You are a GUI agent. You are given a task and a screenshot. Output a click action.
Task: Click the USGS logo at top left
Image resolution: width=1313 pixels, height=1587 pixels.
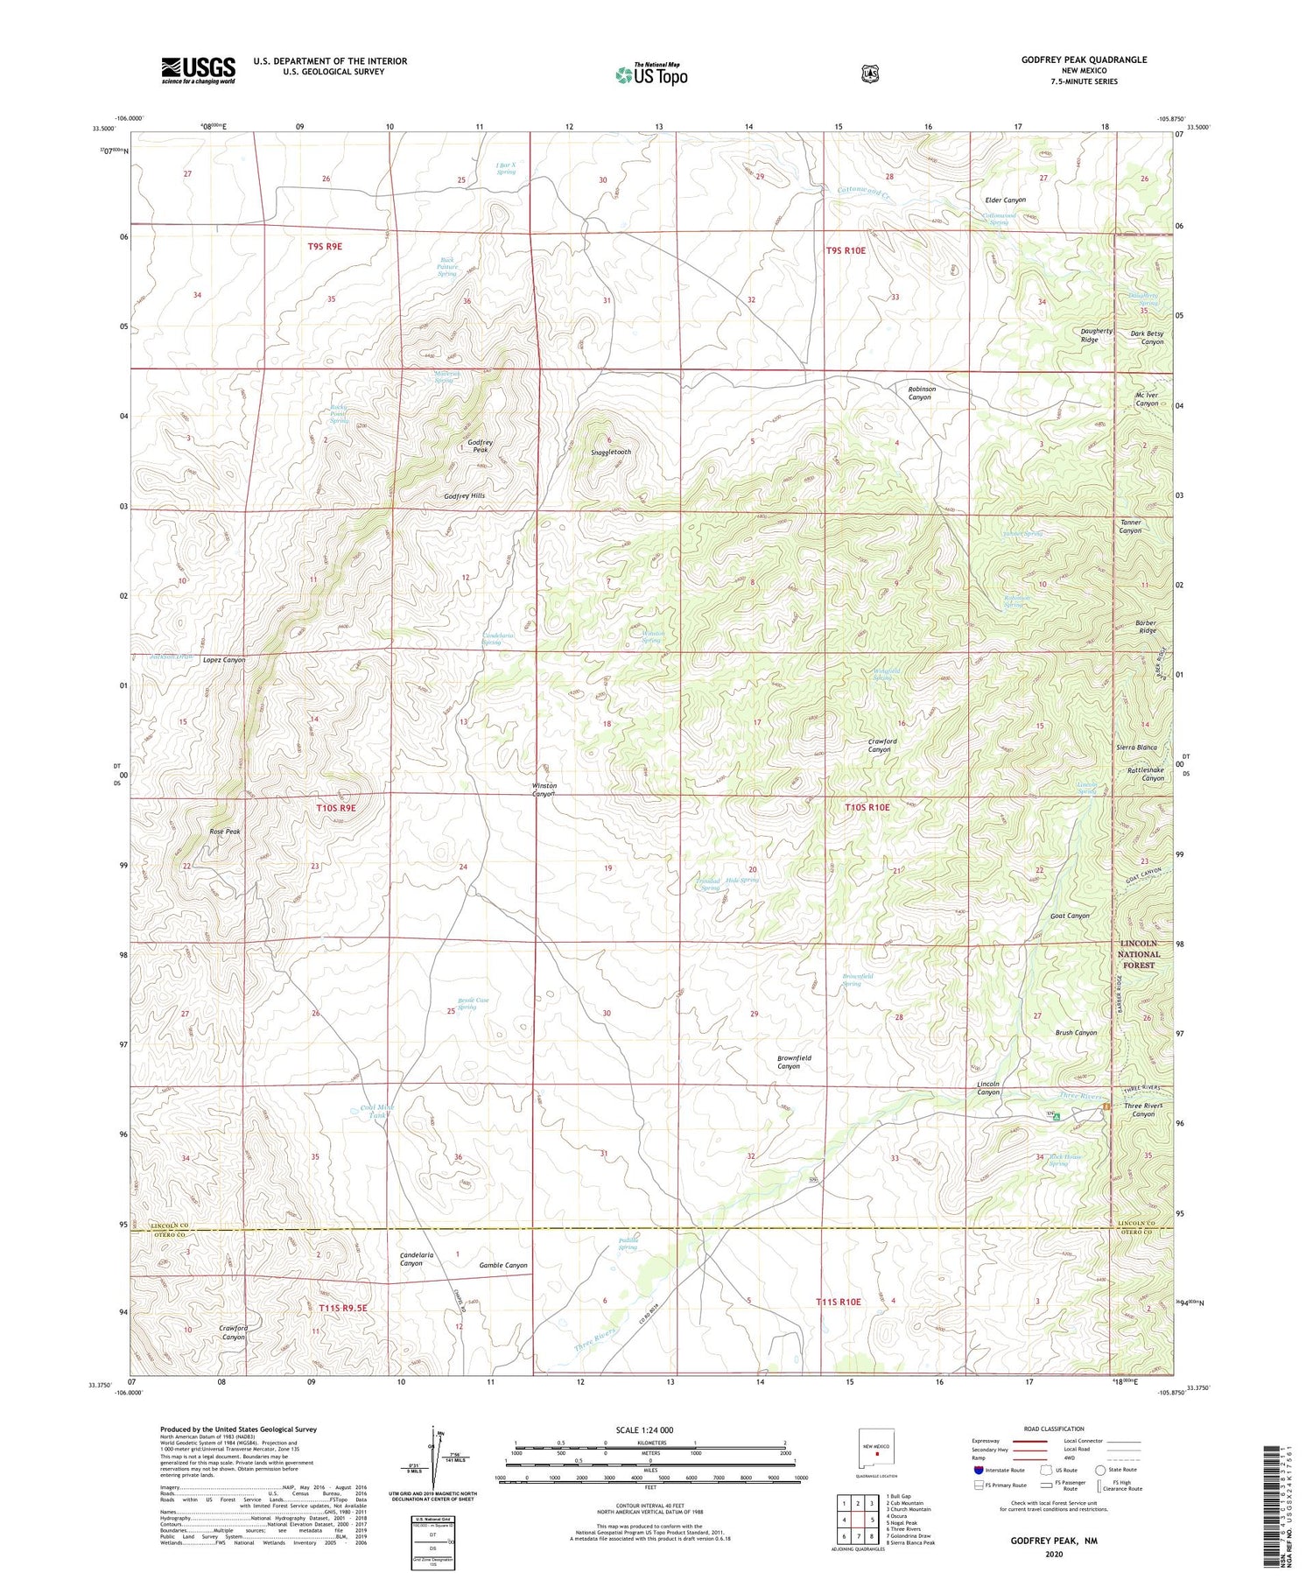[198, 70]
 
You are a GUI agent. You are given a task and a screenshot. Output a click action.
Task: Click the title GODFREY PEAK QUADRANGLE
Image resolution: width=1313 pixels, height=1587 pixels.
[1084, 60]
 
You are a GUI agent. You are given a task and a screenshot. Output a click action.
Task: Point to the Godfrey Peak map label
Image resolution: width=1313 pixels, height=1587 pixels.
[480, 446]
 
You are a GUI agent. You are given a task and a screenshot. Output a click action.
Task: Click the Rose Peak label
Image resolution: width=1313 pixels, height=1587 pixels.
[224, 832]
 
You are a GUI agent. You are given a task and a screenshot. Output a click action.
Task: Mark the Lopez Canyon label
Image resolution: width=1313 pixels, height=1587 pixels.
[224, 660]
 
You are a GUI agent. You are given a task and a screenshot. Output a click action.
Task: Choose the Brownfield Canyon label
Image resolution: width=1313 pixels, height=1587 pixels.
[794, 1062]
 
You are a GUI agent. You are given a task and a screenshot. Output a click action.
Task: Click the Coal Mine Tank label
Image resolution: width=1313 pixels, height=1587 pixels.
[377, 1112]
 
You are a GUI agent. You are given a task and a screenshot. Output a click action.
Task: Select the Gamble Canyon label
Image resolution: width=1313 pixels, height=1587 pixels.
[503, 1266]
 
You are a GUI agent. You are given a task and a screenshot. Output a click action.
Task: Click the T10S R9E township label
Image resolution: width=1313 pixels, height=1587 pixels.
[336, 808]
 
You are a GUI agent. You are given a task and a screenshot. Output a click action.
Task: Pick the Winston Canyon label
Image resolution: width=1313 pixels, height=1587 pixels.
[544, 790]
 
